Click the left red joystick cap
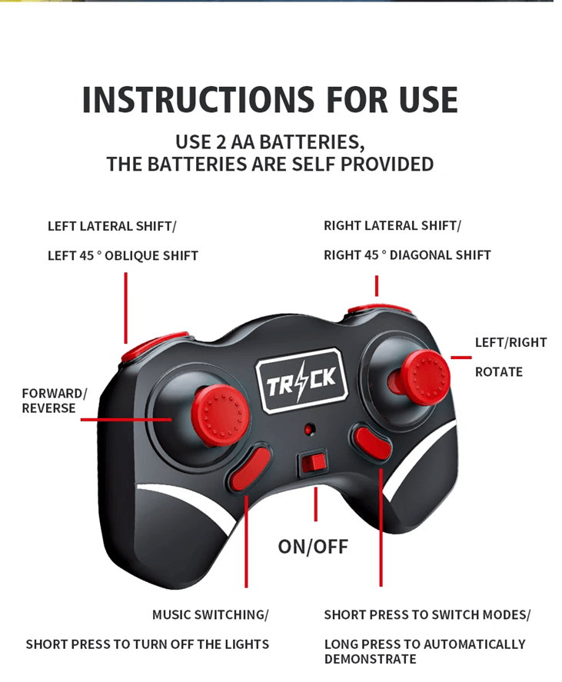[221, 411]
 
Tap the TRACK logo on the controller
[302, 380]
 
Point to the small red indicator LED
[309, 430]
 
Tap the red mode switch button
[372, 442]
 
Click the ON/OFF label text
[313, 547]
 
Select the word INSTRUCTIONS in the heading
[198, 100]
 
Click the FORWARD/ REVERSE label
[55, 401]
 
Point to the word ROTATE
[499, 372]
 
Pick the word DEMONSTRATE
[370, 660]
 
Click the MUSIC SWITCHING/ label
[211, 615]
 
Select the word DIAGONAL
[419, 255]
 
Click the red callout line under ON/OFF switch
[316, 504]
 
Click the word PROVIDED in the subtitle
[387, 165]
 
